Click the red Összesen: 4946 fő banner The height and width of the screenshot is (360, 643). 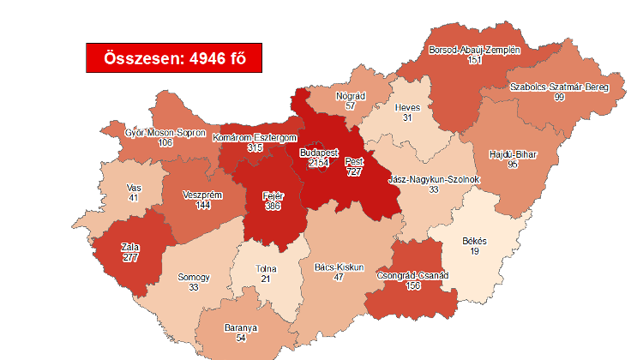pos(172,58)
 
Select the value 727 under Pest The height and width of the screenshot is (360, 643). pos(353,172)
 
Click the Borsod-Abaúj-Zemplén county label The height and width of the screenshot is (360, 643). pos(474,51)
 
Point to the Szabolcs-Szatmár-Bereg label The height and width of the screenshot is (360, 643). pos(558,87)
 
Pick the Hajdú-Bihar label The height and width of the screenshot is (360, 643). pos(514,153)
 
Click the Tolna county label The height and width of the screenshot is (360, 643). pos(267,269)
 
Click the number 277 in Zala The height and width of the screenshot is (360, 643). pos(130,258)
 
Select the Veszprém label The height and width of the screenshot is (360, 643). pos(203,195)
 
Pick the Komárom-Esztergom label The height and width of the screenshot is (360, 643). pos(255,137)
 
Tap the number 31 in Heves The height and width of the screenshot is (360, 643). pos(407,118)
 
